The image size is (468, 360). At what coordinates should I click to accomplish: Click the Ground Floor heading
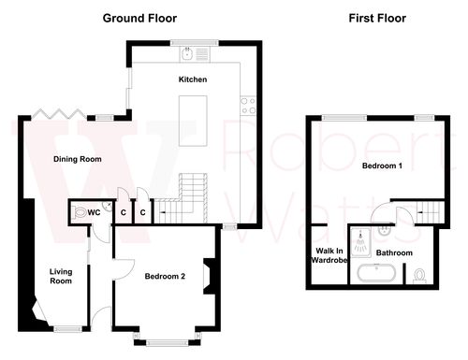tap(139, 18)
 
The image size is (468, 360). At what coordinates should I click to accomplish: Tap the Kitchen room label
tap(193, 79)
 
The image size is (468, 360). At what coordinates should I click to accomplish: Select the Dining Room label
tap(77, 159)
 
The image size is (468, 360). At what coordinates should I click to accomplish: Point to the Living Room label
tap(61, 276)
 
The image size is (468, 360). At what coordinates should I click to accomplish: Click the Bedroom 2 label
tap(165, 276)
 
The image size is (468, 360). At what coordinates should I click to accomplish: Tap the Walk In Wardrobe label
tap(329, 255)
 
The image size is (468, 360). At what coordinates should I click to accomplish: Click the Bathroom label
tap(394, 252)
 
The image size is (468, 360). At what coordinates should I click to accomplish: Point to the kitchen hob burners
tap(248, 106)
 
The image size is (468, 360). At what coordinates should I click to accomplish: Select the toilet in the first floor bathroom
tap(419, 276)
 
